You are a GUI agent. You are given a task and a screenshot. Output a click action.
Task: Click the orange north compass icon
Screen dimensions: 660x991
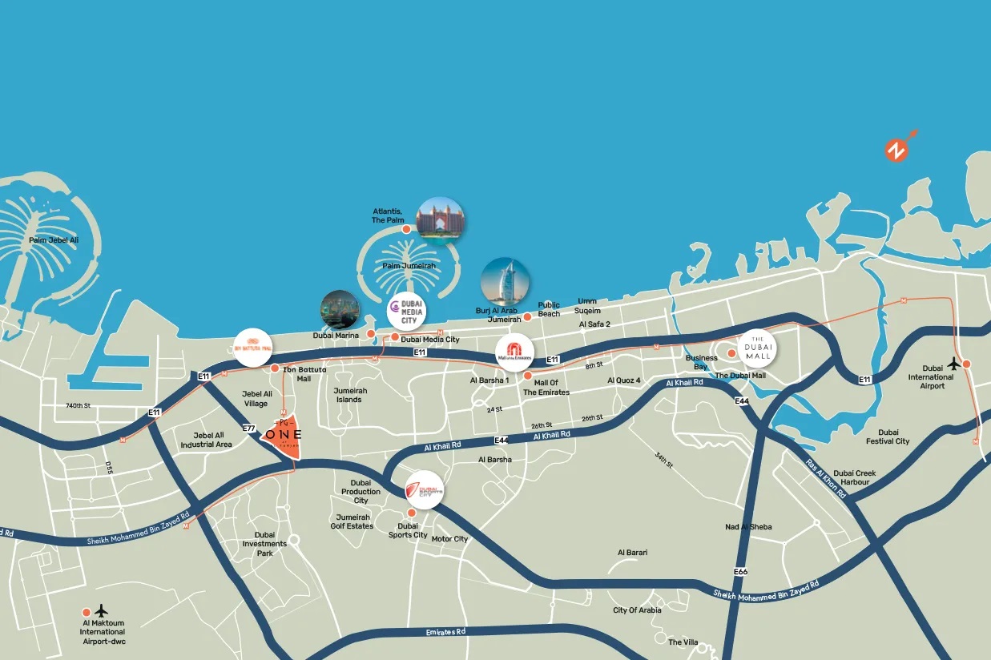896,150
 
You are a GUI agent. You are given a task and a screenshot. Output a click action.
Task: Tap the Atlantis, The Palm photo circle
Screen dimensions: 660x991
440,220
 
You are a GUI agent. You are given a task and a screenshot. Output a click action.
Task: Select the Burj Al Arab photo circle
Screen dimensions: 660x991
505,282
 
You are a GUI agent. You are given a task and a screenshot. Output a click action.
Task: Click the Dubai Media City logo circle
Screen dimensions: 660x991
406,311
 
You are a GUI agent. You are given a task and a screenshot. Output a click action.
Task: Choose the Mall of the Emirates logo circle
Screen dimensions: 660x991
514,352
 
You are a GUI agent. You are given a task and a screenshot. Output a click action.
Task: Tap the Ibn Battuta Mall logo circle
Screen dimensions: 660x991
253,347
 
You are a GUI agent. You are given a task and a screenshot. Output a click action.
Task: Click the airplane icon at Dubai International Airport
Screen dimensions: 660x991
953,363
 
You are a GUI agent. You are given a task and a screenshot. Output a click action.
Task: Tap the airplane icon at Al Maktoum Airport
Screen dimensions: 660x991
101,610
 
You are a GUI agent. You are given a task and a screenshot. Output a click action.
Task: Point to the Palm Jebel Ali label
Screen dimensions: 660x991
54,239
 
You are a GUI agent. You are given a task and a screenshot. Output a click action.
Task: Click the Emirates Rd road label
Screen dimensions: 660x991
445,632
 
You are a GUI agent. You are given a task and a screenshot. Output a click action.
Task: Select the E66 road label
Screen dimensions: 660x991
739,571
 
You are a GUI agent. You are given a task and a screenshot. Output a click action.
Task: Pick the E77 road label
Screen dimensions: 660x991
249,429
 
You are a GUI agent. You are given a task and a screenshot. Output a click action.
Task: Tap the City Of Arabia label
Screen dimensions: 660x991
637,610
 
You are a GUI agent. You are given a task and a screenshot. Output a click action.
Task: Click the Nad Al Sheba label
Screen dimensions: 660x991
748,526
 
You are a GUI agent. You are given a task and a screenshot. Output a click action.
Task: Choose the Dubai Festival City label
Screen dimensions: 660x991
888,437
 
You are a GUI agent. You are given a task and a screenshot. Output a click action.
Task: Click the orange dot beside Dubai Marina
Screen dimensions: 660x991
371,332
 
